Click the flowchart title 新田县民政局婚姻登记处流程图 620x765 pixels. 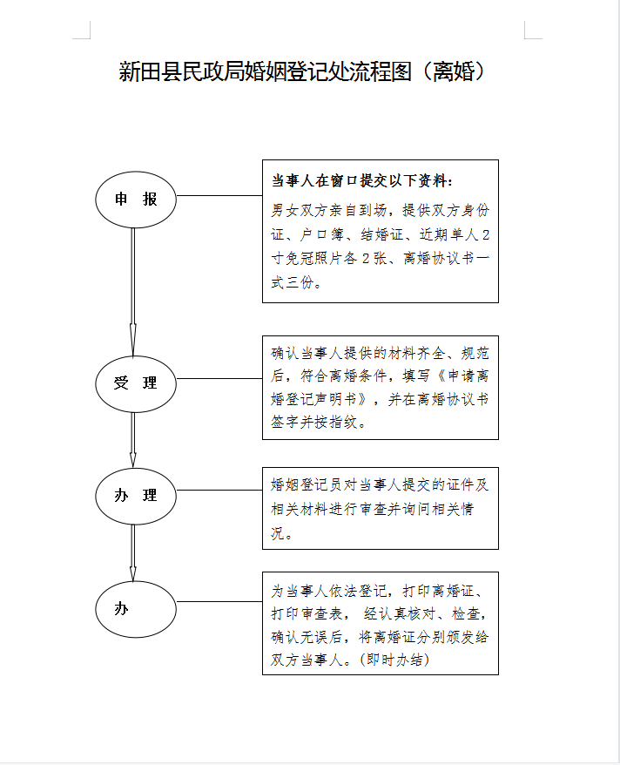coord(266,71)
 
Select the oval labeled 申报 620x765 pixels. coord(136,199)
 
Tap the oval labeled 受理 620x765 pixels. coord(136,383)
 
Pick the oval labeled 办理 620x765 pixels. coord(136,496)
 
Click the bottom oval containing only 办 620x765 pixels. coord(136,609)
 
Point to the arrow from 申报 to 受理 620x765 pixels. coord(132,292)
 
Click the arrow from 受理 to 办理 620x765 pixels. coord(132,440)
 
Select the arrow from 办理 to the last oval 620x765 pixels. coord(132,552)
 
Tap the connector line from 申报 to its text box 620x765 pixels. coord(219,196)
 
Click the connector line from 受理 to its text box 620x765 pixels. coord(219,378)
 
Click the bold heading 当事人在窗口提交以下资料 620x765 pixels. coord(361,181)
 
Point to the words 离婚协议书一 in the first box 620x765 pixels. coord(446,258)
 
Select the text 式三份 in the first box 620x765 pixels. coord(293,282)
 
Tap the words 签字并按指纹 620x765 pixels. coord(314,422)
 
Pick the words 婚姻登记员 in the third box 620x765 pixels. coord(307,484)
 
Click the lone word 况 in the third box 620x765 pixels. coord(278,533)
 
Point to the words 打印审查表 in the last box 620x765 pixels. coord(307,613)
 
